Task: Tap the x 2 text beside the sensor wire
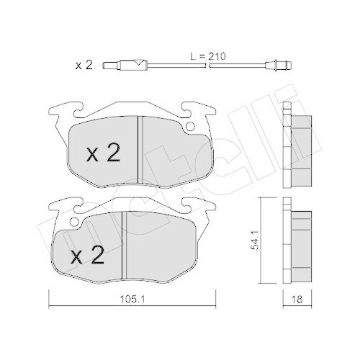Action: [84, 66]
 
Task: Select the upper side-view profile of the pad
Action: [297, 138]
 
